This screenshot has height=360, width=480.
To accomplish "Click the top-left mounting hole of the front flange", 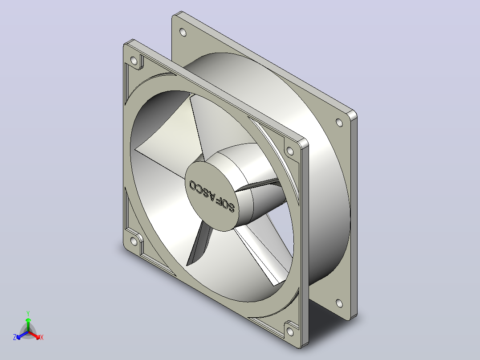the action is pyautogui.click(x=134, y=61).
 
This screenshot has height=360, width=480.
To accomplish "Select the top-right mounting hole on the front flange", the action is pyautogui.click(x=289, y=151).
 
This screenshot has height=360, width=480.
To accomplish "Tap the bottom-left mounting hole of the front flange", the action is pyautogui.click(x=134, y=241).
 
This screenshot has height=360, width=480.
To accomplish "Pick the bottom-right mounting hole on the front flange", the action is pyautogui.click(x=289, y=331).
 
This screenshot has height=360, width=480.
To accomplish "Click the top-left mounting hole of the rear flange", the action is pyautogui.click(x=183, y=32).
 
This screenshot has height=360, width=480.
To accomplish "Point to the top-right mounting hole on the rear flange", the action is pyautogui.click(x=339, y=123).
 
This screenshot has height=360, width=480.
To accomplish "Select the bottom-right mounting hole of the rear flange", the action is pyautogui.click(x=339, y=303).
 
